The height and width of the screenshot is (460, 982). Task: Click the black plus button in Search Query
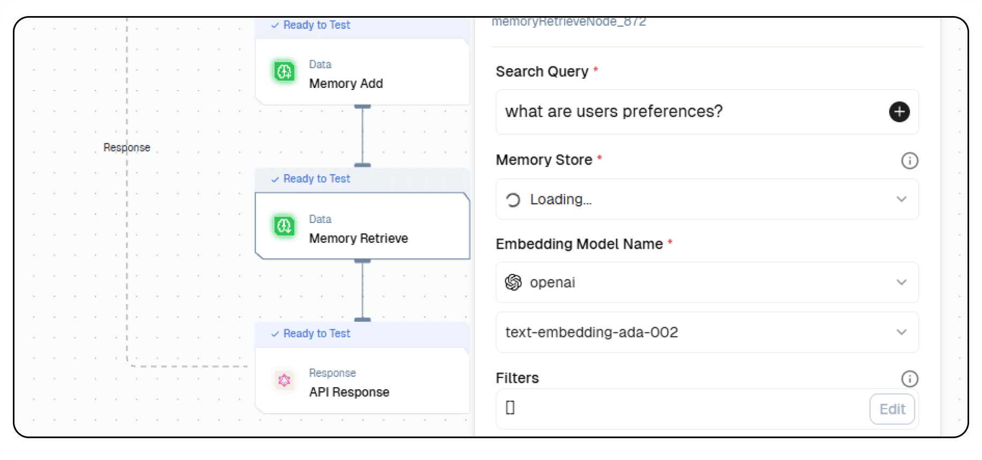[899, 112]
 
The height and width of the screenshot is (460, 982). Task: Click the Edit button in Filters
[891, 409]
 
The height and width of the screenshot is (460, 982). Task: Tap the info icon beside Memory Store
[909, 160]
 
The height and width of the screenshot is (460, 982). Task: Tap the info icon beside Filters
[909, 379]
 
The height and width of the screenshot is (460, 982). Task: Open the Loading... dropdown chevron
[901, 199]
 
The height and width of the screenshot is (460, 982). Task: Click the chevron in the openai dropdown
[901, 283]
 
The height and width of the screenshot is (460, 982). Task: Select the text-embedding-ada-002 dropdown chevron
[901, 332]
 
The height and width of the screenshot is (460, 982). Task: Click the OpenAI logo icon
[513, 282]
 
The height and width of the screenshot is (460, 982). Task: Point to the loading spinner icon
[513, 200]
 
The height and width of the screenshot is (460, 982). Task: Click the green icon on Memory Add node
[284, 71]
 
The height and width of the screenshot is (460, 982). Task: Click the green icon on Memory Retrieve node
[284, 226]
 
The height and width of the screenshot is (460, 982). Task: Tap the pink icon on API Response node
[284, 381]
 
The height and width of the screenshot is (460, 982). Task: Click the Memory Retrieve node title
[358, 238]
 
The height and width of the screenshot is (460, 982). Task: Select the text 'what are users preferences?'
[613, 112]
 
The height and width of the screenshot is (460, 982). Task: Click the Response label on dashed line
[126, 147]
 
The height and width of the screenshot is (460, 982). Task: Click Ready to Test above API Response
[316, 333]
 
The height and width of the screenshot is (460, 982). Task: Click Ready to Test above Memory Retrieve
[316, 179]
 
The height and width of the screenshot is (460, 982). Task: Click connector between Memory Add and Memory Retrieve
[363, 136]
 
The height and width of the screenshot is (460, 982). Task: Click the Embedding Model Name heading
[579, 244]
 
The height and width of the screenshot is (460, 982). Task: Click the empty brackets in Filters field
[510, 408]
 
